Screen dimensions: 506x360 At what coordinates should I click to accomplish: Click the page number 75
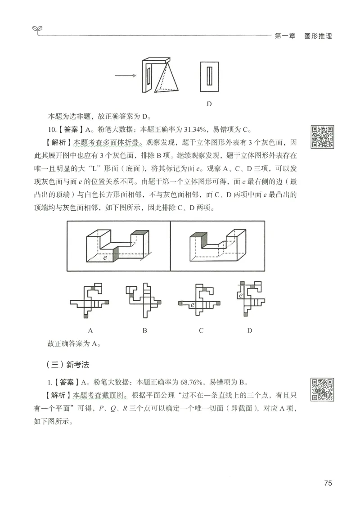(x=328, y=483)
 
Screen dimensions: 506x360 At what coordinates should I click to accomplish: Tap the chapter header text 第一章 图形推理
(x=303, y=36)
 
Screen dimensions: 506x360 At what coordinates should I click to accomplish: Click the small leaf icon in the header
(x=37, y=30)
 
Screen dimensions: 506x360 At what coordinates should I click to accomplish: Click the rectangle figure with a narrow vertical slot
(x=209, y=77)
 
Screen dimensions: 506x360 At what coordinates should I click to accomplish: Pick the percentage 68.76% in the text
(x=192, y=383)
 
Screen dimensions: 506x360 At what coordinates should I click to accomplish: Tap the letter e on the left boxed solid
(x=105, y=258)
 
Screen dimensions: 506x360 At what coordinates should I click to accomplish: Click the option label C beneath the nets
(x=201, y=330)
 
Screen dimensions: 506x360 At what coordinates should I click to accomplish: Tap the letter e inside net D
(x=241, y=296)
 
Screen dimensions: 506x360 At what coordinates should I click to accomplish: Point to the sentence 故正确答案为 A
(x=74, y=344)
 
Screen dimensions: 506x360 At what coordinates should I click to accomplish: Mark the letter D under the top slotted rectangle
(x=209, y=104)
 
